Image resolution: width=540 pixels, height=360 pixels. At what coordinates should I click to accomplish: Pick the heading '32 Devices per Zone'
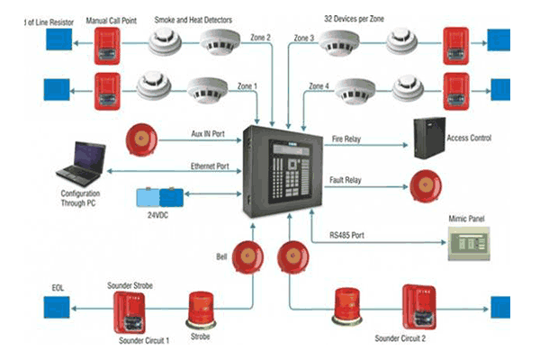[355, 17]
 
